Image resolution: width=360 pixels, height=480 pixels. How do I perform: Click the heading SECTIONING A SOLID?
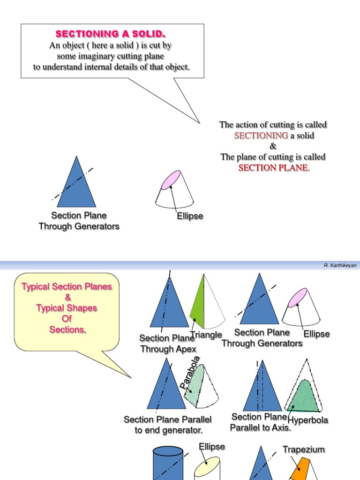pos(111,34)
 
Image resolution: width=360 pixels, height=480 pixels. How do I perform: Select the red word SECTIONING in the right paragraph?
pos(261,135)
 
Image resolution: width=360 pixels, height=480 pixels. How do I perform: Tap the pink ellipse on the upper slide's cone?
pos(170,180)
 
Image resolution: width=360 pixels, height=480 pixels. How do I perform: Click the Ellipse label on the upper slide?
pos(190,217)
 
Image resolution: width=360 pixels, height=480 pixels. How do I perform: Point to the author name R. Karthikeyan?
pos(340,265)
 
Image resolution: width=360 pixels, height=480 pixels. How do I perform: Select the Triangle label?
pos(207,335)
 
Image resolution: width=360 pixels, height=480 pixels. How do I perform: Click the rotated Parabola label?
pos(190,372)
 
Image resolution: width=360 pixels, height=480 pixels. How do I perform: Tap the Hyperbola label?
pos(308,420)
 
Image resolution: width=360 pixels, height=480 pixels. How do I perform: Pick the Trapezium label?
pos(303,450)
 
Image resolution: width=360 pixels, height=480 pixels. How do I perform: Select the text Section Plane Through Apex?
pos(168,344)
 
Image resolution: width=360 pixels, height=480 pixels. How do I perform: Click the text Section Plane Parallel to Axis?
pos(260,422)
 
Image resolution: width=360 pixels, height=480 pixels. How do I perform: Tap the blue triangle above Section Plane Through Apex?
pos(169,302)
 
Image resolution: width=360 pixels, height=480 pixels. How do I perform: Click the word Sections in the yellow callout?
pos(67,330)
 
